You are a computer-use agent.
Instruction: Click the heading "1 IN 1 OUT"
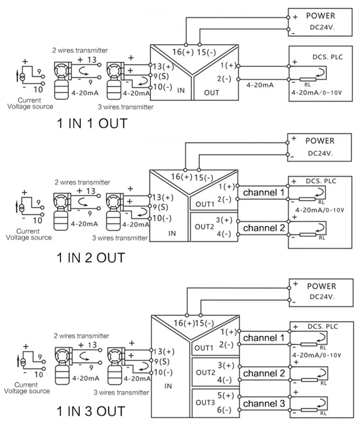tap(92, 123)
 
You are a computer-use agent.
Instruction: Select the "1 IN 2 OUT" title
tap(91, 258)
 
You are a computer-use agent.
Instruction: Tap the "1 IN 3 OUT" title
tap(91, 411)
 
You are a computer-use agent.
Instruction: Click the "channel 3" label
tap(264, 403)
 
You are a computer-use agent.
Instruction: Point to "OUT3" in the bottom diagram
tap(205, 402)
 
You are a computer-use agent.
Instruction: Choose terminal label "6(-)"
tap(224, 410)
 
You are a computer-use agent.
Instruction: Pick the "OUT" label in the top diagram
tap(211, 93)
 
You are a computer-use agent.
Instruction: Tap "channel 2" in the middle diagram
tap(264, 228)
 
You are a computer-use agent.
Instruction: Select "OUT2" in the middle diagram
tap(204, 227)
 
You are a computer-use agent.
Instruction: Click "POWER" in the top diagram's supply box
tap(320, 16)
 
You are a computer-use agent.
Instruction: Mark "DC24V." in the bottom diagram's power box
tap(322, 297)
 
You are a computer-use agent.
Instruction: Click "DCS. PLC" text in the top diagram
tap(328, 57)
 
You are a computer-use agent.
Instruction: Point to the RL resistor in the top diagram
tap(308, 80)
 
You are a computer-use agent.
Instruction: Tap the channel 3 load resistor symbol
tap(309, 410)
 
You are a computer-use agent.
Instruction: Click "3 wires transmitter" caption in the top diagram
tap(126, 107)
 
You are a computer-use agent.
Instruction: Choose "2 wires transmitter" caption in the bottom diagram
tap(81, 336)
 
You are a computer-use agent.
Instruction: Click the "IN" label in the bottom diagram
tap(168, 386)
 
